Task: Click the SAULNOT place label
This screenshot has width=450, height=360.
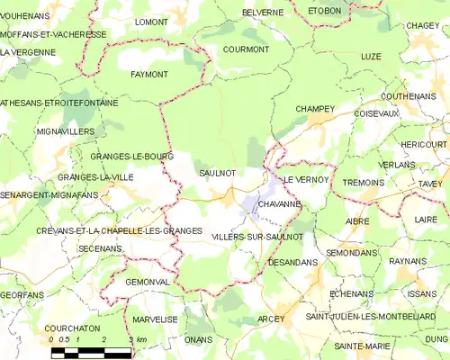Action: (217, 172)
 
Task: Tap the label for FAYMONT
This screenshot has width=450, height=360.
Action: (149, 74)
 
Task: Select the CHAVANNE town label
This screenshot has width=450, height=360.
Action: (279, 205)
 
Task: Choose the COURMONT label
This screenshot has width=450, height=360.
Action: (245, 49)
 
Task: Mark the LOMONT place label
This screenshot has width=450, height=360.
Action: (151, 20)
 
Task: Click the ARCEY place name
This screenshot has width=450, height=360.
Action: (270, 319)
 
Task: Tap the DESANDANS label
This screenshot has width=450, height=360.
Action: (292, 262)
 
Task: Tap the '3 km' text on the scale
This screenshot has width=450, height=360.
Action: (138, 340)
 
